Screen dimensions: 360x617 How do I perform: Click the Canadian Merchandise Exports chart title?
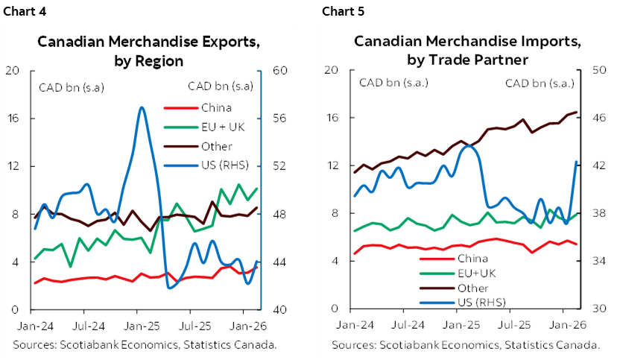[x=149, y=51]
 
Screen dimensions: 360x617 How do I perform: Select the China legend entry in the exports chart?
[x=216, y=107]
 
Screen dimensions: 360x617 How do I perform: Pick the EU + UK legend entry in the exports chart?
[x=223, y=127]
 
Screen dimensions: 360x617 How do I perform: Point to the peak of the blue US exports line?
[x=141, y=108]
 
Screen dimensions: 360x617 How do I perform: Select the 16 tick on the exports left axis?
[x=11, y=119]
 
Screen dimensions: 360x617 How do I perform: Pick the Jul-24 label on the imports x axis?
[x=408, y=326]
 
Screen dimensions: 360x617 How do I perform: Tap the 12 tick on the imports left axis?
[x=333, y=165]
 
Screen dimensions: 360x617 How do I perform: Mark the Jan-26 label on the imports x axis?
[x=569, y=326]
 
